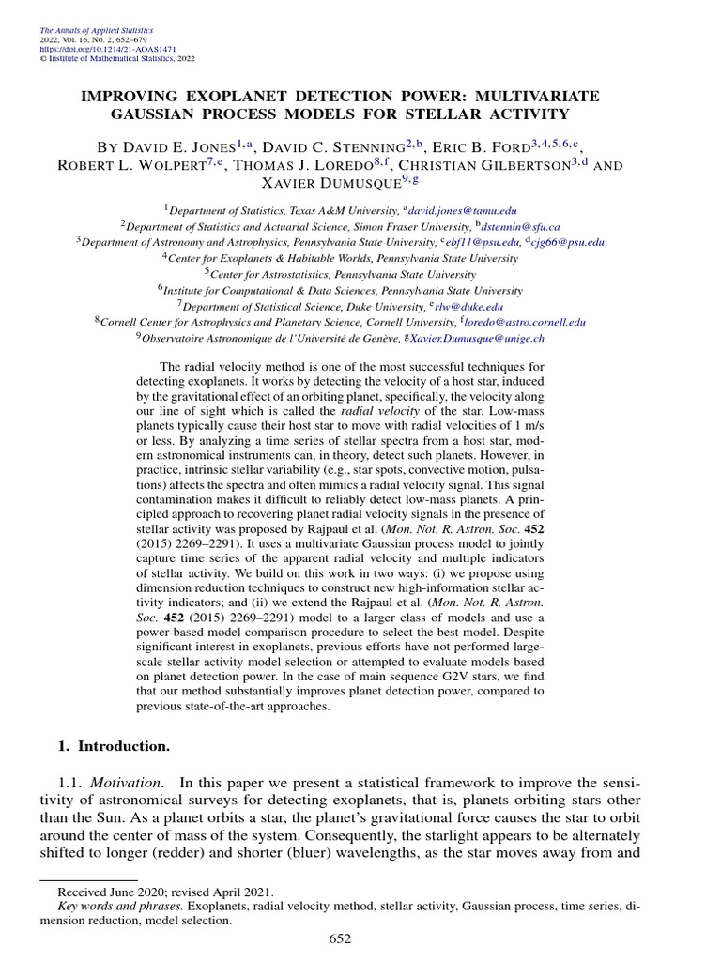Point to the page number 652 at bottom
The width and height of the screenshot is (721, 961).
[341, 939]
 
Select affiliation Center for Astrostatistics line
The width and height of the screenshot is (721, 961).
[344, 274]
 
